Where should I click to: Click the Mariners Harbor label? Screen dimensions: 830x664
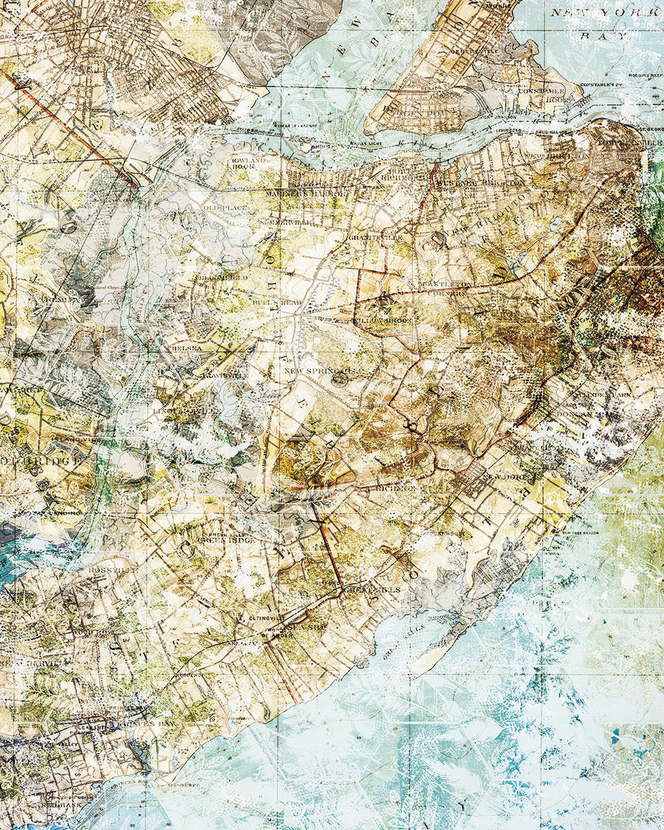304,194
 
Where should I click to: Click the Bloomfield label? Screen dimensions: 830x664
223,277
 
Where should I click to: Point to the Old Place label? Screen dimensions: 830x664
220,207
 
